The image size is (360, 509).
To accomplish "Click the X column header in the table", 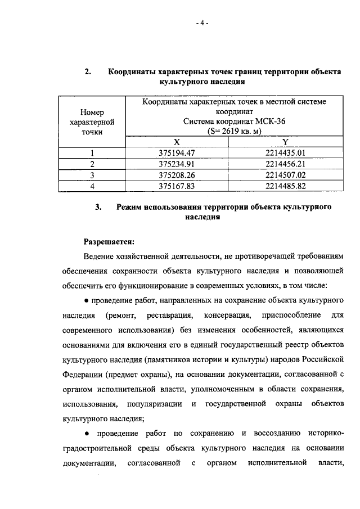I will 177,142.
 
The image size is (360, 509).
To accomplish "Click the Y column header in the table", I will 285,142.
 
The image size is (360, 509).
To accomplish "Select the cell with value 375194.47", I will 177,153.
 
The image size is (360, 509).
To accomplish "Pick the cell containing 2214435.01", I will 285,153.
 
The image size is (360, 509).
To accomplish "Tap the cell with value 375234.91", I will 177,164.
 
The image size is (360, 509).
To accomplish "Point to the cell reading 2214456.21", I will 285,164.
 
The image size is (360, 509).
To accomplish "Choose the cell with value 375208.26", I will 177,175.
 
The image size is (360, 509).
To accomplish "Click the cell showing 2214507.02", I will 285,175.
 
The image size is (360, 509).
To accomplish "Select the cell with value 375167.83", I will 177,186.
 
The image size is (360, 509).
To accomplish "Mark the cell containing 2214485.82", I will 285,186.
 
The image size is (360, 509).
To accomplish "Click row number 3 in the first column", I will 92,175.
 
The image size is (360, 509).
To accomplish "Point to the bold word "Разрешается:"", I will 109,242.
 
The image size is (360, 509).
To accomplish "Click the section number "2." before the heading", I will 88,72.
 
